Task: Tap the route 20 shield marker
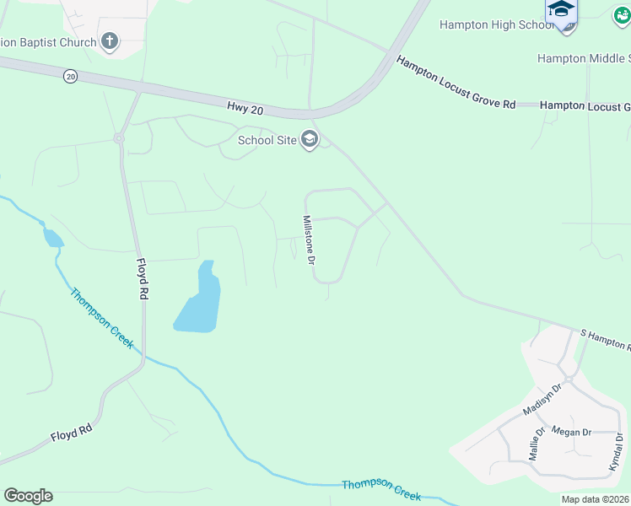70,76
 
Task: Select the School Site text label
267,140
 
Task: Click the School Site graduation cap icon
310,139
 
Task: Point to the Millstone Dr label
309,239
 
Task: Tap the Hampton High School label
496,24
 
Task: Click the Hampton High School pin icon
562,12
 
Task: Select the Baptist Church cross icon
110,40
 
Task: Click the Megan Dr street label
571,432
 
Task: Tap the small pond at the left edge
51,238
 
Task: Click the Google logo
28,495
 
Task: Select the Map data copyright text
595,499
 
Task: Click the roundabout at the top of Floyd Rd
119,137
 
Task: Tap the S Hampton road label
603,340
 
